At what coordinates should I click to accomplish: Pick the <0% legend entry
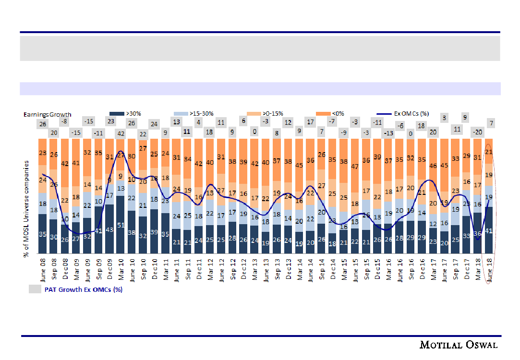(337, 114)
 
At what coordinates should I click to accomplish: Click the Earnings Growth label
(48, 114)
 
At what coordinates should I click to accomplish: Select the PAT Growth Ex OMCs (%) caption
(84, 289)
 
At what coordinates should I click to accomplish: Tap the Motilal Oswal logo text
(459, 345)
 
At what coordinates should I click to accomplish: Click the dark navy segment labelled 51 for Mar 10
(121, 225)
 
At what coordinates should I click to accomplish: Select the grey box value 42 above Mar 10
(121, 133)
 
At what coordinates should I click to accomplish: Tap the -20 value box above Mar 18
(478, 132)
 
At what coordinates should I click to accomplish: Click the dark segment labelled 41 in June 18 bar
(489, 231)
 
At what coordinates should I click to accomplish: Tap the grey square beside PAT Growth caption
(35, 289)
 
